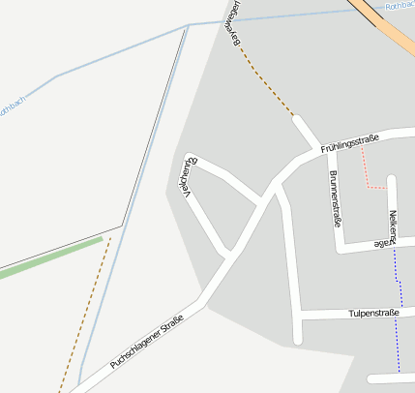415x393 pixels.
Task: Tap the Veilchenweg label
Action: [191, 175]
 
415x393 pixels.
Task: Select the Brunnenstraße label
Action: [336, 198]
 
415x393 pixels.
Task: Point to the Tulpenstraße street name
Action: [374, 314]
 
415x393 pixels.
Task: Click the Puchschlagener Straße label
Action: [146, 346]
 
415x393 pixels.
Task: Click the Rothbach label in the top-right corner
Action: [399, 6]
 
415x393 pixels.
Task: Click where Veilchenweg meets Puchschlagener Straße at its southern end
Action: [229, 255]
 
